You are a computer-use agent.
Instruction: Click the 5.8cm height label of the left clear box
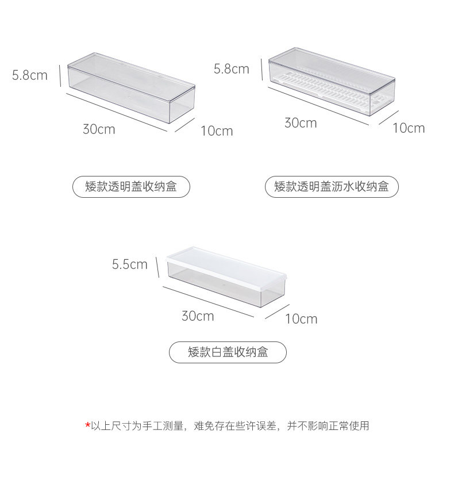point(30,75)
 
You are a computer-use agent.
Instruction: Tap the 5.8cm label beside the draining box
point(232,69)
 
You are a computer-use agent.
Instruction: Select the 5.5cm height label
point(130,264)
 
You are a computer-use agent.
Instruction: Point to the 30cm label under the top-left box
point(99,129)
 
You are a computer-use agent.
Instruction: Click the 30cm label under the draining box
point(301,123)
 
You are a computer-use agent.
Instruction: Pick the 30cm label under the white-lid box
point(198,316)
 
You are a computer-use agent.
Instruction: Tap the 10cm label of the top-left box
point(217,131)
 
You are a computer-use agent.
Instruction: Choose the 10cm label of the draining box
point(409,128)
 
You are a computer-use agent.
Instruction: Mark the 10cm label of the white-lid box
point(301,318)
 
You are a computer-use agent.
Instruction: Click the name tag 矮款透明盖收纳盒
point(131,187)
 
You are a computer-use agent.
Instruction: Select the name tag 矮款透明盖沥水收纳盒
point(332,187)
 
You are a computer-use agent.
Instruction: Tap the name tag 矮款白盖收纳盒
point(228,352)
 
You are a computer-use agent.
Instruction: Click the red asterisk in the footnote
point(87,425)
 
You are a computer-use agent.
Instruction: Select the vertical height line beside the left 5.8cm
point(60,76)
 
